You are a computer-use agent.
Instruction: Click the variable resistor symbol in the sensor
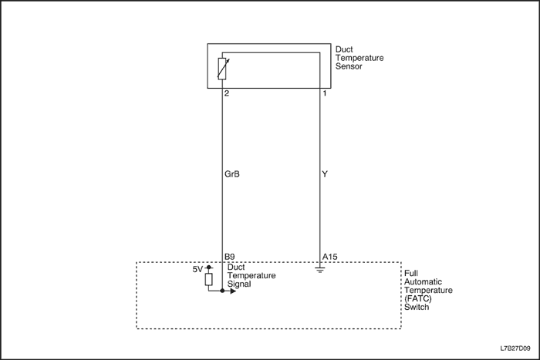223,69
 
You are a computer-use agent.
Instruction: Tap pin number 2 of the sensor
227,93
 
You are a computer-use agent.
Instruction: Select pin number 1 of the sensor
325,93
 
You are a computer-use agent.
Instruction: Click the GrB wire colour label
231,174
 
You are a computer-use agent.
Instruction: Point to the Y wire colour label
325,174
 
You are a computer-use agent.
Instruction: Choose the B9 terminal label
230,257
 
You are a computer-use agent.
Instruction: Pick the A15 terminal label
330,257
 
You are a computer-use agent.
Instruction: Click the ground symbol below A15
320,271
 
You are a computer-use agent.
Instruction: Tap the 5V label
197,269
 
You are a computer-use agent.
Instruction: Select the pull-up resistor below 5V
209,280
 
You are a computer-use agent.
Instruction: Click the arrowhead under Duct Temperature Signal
233,291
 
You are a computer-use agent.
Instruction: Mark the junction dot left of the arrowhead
222,291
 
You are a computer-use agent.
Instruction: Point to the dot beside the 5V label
209,267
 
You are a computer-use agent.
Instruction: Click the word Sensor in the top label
349,66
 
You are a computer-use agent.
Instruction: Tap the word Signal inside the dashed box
239,284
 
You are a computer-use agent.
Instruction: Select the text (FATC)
418,298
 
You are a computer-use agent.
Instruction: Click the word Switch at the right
417,307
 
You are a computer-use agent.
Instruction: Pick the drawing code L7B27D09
515,348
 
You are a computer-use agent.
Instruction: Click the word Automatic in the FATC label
423,282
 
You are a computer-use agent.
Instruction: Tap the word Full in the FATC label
411,273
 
